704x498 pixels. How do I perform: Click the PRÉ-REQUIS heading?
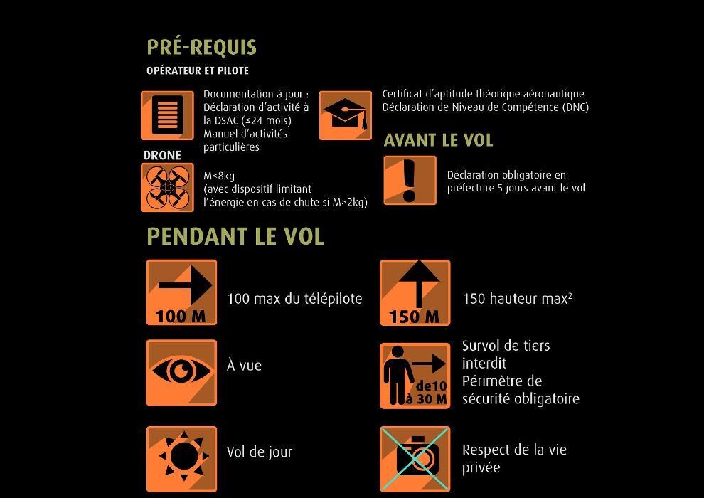(201, 48)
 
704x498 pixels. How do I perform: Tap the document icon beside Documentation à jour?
(168, 115)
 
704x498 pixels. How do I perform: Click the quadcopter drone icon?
(168, 187)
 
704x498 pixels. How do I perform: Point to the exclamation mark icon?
(410, 180)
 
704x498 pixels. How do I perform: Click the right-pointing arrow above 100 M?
(186, 285)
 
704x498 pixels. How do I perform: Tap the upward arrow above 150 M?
(418, 284)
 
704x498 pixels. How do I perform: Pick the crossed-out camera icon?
(415, 459)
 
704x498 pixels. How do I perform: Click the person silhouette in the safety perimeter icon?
(398, 375)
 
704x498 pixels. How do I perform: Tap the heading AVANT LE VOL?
(438, 141)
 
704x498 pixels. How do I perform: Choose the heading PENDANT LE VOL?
(235, 236)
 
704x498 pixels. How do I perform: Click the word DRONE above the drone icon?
(162, 155)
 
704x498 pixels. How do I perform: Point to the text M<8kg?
(218, 176)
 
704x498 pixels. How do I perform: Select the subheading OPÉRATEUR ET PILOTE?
(198, 70)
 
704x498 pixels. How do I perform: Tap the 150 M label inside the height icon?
(414, 317)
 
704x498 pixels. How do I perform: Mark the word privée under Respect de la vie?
(481, 468)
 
